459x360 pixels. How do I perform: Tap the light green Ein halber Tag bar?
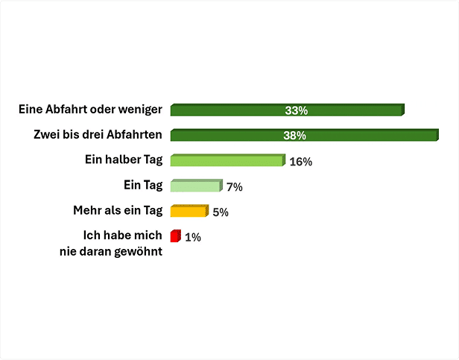click(x=227, y=161)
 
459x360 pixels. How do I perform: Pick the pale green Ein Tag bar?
click(x=195, y=186)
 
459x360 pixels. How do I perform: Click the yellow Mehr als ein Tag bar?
click(x=188, y=212)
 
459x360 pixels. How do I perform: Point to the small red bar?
click(x=175, y=237)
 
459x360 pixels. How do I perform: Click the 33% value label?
click(x=296, y=111)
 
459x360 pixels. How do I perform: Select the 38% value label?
click(x=296, y=136)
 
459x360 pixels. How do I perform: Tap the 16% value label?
click(x=300, y=162)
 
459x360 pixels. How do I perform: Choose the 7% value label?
click(x=235, y=187)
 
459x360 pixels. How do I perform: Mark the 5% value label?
click(x=221, y=212)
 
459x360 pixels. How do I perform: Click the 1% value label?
click(x=193, y=238)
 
